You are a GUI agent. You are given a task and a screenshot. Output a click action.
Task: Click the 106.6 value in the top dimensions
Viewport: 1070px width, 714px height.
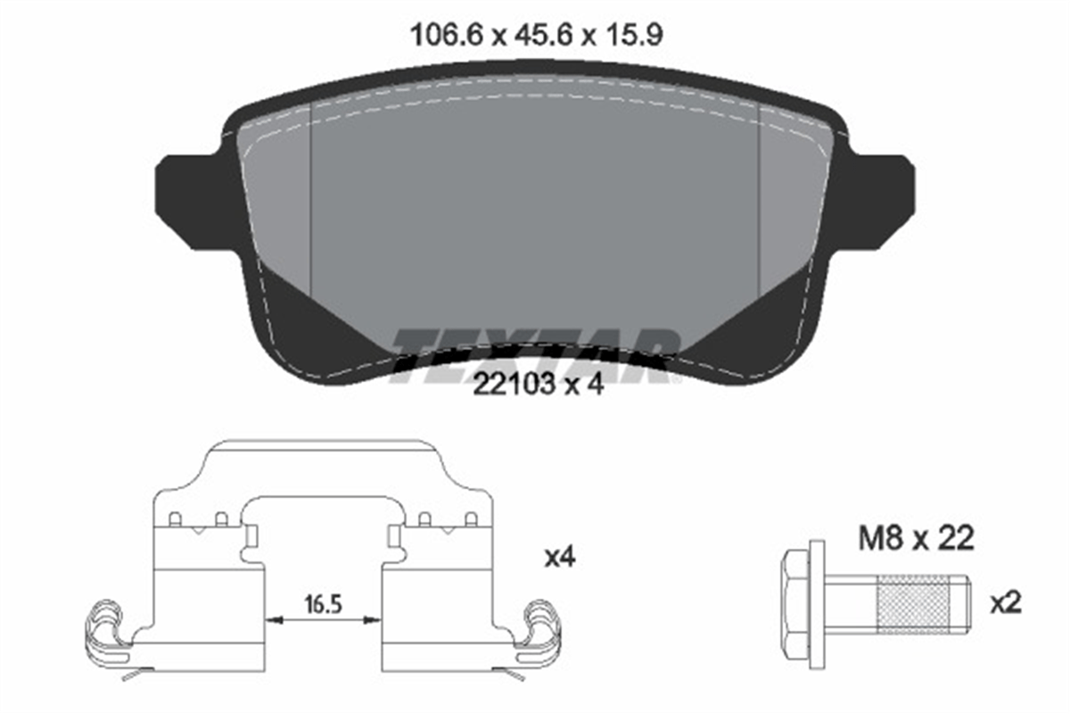(447, 36)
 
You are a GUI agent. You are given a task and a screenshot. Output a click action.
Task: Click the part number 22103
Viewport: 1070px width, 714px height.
(514, 385)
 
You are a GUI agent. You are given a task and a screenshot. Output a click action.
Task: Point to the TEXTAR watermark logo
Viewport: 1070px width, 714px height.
(534, 356)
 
